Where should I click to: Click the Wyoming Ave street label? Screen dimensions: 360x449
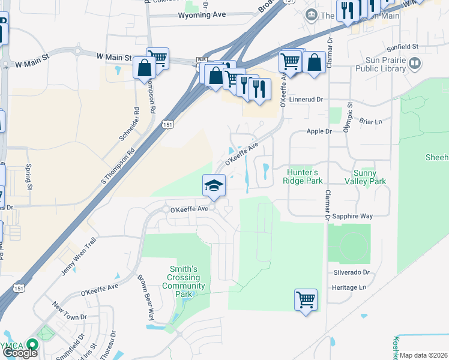pos(201,15)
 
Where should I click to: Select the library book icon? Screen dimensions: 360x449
pos(414,63)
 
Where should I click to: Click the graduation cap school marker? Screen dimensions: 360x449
pos(214,187)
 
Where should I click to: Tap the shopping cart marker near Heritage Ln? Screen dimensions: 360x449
pos(306,299)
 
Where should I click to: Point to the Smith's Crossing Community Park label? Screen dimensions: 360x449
pos(184,282)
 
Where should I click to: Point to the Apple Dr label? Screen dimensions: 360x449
pos(319,131)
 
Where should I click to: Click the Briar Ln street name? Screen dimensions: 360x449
pos(370,121)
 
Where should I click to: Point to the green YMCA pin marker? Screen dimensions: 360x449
pos(32,346)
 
